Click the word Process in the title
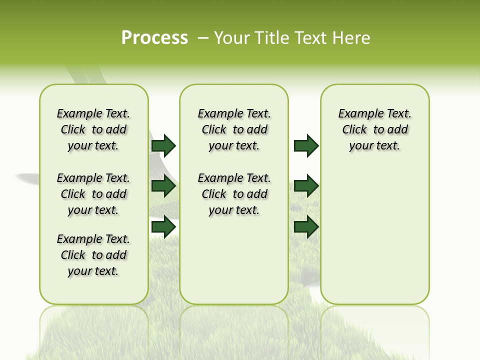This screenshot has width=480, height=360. (154, 38)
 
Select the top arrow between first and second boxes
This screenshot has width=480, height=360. (163, 145)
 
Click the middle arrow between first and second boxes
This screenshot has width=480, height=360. (163, 186)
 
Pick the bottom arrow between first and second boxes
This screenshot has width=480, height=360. (163, 227)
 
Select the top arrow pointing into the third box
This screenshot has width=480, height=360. (306, 145)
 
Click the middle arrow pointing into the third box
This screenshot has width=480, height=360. (306, 186)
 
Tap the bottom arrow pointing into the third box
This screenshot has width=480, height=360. (306, 227)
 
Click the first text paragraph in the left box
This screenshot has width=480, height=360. (93, 129)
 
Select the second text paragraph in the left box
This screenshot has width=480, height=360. (93, 194)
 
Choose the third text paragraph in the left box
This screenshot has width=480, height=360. (93, 255)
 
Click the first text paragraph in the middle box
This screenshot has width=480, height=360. (234, 129)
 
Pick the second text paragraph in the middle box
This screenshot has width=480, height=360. (234, 194)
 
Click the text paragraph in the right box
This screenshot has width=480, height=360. (374, 129)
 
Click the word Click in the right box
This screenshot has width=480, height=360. (354, 130)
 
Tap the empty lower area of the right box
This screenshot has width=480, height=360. (374, 240)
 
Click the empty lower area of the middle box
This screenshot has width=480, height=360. (234, 260)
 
